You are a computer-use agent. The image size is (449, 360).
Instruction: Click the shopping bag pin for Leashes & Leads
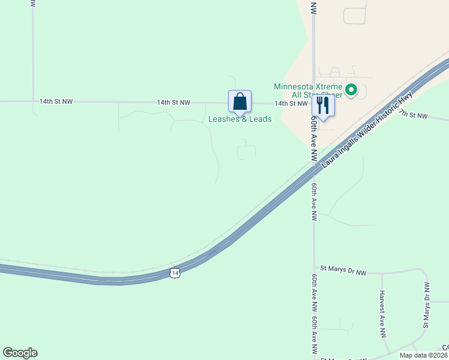pyautogui.click(x=240, y=101)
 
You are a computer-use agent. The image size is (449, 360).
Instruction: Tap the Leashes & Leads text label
pyautogui.click(x=240, y=119)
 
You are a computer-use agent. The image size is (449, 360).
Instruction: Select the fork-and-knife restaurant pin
pyautogui.click(x=323, y=106)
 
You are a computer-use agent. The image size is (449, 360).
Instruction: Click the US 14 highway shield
pyautogui.click(x=174, y=273)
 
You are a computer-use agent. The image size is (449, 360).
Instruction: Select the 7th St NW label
pyautogui.click(x=414, y=115)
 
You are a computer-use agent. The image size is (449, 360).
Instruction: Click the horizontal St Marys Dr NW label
pyautogui.click(x=343, y=270)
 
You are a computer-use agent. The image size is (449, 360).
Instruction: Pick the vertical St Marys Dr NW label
pyautogui.click(x=427, y=305)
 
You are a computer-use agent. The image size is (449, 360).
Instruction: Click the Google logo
pyautogui.click(x=20, y=353)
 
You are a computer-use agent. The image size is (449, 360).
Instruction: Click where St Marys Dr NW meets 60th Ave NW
pyautogui.click(x=314, y=270)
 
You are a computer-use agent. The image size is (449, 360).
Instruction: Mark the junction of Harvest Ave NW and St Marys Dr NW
pyautogui.click(x=382, y=273)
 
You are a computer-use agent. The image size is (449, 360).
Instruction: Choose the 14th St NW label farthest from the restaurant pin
pyautogui.click(x=56, y=102)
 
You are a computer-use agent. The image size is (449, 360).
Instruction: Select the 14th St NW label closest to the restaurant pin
pyautogui.click(x=291, y=103)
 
